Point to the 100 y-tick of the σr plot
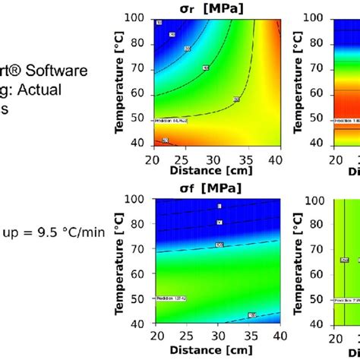point(140,17)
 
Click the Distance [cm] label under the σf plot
point(216,350)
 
